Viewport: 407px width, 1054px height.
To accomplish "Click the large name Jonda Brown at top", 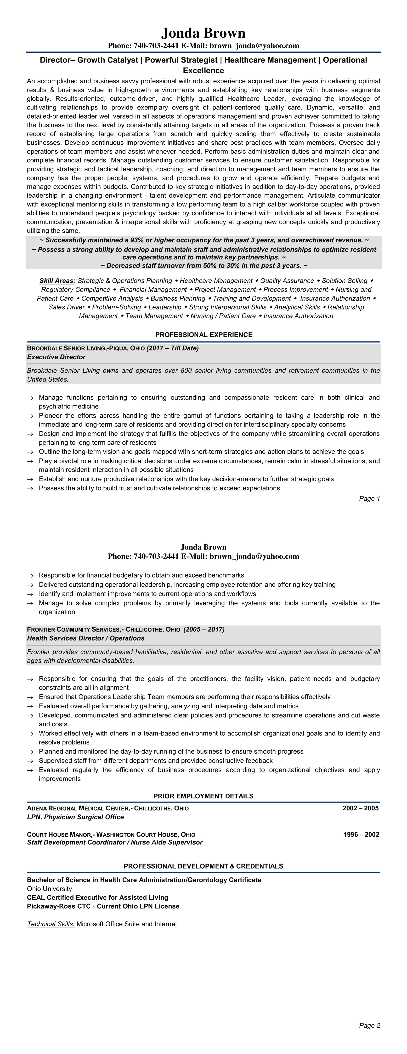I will [203, 33].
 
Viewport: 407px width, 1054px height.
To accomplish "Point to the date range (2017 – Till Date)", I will [173, 348].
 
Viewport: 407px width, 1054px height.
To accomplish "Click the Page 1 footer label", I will [369, 498].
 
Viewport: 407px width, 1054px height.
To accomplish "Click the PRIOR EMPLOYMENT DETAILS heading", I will [203, 796].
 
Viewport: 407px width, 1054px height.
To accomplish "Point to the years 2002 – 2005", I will [360, 808].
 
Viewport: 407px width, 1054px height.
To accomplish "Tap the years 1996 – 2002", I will [361, 834].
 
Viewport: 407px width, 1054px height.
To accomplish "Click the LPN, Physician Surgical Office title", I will [75, 817].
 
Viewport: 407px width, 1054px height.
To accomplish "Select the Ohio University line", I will [50, 889].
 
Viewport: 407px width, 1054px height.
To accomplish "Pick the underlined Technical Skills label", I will [51, 924].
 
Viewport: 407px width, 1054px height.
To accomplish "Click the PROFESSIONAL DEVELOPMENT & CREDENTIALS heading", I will [203, 866].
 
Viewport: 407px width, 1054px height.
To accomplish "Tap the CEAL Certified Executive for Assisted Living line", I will [98, 897].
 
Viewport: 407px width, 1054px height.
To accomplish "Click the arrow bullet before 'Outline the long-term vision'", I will [30, 452].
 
